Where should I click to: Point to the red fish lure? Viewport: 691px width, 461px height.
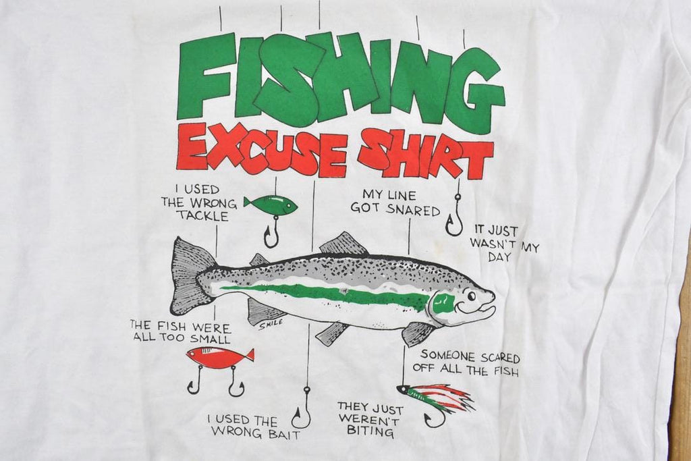click(x=219, y=357)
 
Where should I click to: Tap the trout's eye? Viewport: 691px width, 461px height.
click(x=471, y=295)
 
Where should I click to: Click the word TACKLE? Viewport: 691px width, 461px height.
click(x=202, y=216)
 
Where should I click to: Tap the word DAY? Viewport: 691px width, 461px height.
click(x=499, y=257)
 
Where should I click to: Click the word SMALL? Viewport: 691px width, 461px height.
click(x=211, y=339)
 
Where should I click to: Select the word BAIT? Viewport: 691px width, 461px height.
click(x=283, y=434)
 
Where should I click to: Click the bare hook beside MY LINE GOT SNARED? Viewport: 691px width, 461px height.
click(x=454, y=216)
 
